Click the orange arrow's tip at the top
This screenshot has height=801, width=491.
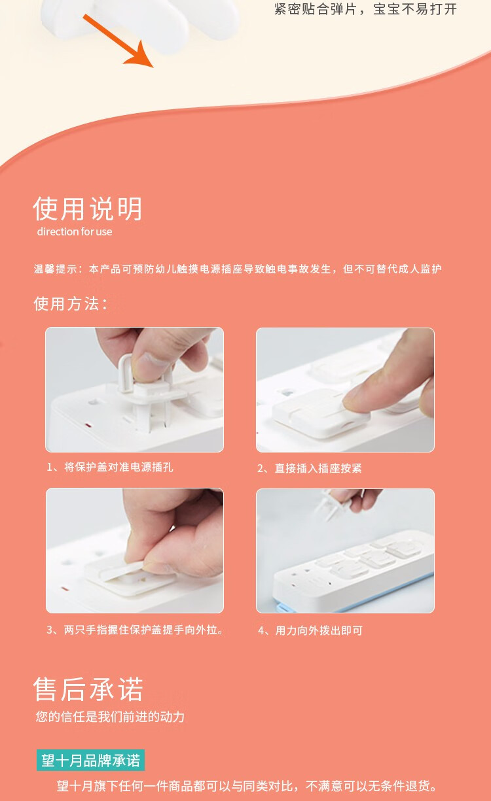(153, 67)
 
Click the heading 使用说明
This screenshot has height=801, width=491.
(88, 209)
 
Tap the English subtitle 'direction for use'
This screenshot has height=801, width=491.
(75, 231)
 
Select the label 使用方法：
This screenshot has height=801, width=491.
(71, 304)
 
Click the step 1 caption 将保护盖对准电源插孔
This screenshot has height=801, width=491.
(118, 467)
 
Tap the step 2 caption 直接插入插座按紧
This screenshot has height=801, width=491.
(318, 468)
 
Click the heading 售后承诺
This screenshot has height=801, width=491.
(88, 689)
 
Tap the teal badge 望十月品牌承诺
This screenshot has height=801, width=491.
(90, 760)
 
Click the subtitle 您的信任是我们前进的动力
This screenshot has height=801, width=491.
(110, 717)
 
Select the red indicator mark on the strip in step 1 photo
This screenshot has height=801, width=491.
(88, 426)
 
